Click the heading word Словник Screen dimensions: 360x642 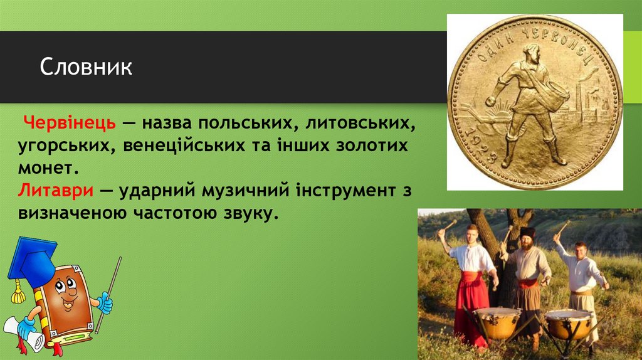tap(87, 67)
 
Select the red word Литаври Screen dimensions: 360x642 tap(56, 189)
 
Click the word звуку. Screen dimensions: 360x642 tap(249, 213)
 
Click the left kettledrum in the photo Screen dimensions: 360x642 tap(497, 321)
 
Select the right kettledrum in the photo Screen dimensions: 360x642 tap(568, 322)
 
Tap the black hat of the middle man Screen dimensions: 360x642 tap(526, 232)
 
